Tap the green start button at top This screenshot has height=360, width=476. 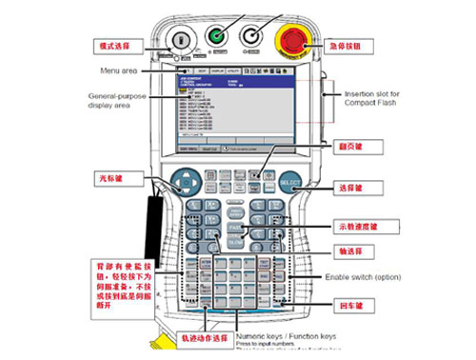click(217, 37)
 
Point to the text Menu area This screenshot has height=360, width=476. click(121, 70)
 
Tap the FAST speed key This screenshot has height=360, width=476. click(235, 230)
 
